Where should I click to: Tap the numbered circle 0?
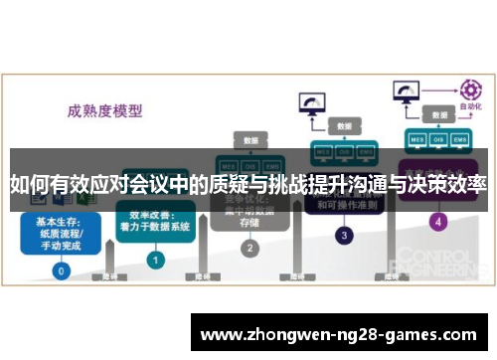[62, 270]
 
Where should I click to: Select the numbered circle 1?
[155, 259]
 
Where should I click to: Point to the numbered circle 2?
[250, 248]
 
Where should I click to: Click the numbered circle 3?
[343, 236]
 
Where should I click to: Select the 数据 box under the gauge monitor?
[344, 127]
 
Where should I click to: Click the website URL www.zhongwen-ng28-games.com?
[344, 335]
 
